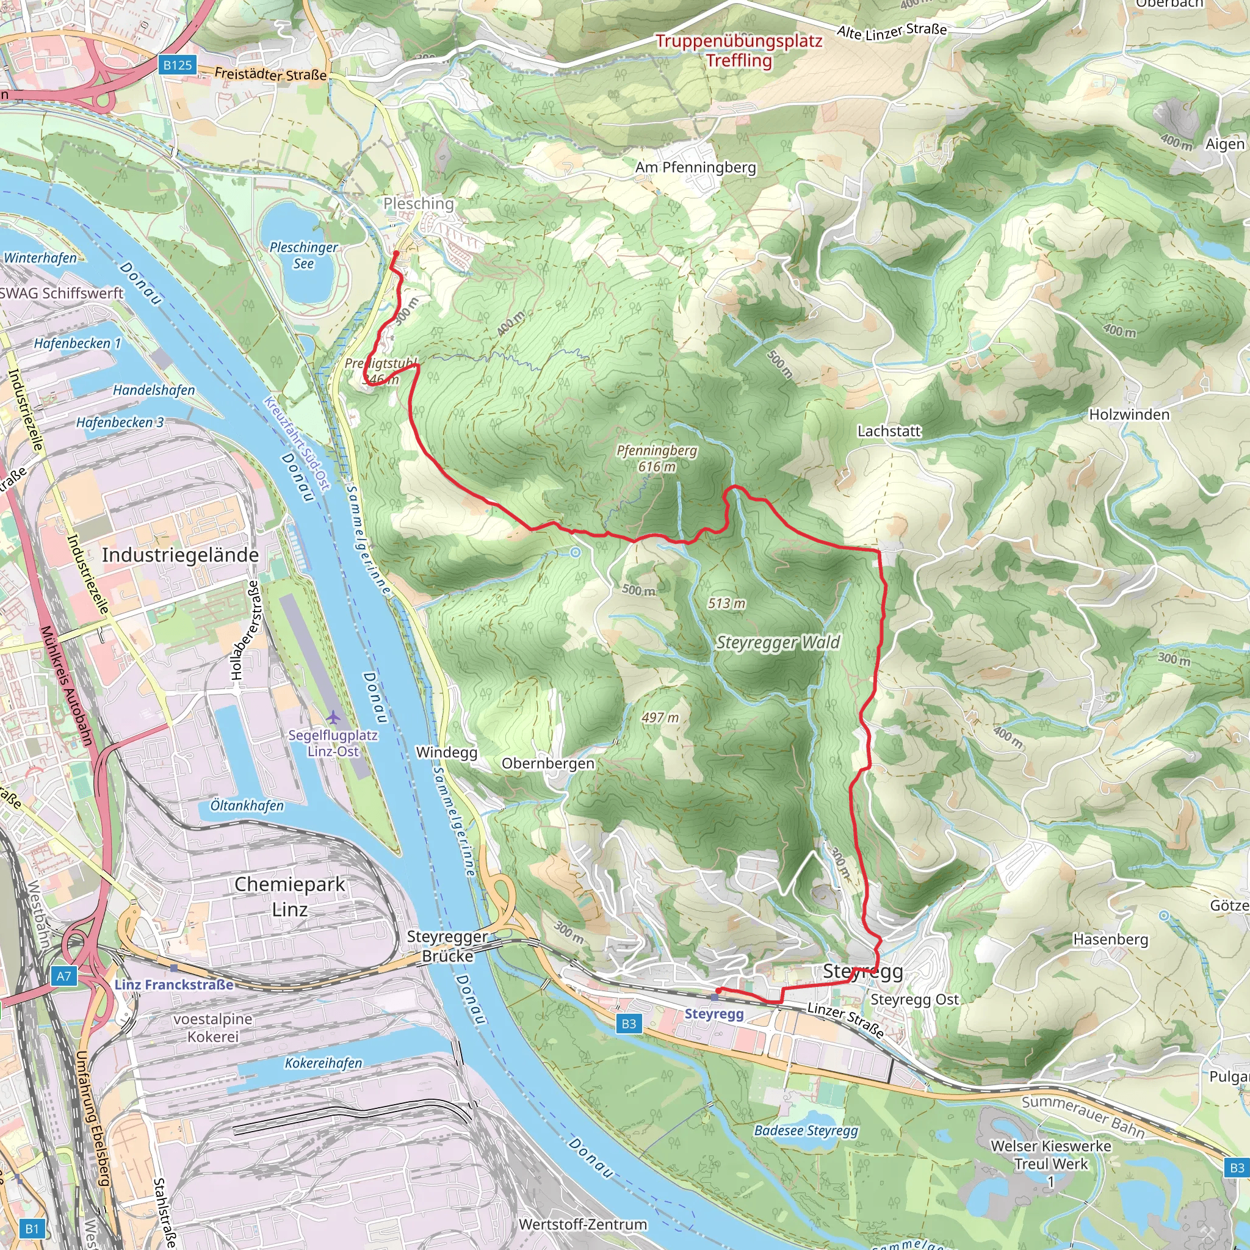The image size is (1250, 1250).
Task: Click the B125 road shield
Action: pos(177,65)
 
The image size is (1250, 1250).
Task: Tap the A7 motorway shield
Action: pos(63,977)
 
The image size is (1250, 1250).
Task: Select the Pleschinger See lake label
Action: pos(303,255)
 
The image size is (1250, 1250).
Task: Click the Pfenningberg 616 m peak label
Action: pos(656,458)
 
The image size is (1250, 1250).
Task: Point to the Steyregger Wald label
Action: pos(778,643)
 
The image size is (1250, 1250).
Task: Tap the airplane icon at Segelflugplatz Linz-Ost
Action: pos(333,717)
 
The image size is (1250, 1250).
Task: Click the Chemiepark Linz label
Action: pos(289,896)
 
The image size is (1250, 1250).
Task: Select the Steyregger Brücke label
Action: pos(447,946)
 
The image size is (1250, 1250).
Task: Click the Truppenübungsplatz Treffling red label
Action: pos(739,51)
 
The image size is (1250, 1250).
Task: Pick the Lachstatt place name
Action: pos(888,431)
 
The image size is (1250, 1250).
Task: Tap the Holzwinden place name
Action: pos(1129,414)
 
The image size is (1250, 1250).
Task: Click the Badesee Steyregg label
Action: pos(806,1130)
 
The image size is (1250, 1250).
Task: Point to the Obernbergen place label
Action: pos(547,764)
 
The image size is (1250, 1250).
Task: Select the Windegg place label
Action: pos(446,752)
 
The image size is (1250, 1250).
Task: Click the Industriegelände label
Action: pos(180,554)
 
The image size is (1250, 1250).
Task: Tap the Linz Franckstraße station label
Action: pos(173,984)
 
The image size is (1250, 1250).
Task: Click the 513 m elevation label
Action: pos(726,604)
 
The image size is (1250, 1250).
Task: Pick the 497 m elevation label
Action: pos(660,718)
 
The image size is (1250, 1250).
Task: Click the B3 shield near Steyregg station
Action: pos(628,1024)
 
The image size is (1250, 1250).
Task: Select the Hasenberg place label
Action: pos(1110,939)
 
